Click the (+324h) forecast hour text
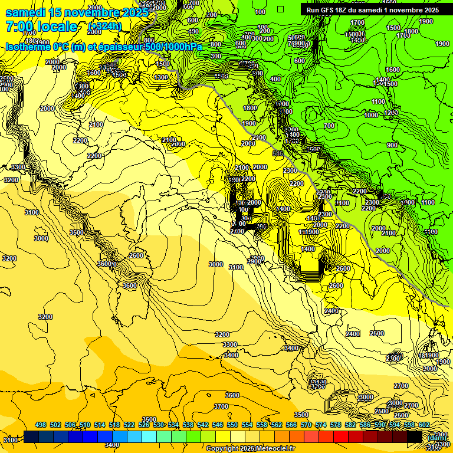[104, 26]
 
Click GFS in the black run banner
[329, 10]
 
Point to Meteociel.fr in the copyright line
[275, 449]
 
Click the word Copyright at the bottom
[222, 449]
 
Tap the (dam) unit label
[436, 437]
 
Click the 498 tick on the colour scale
[41, 425]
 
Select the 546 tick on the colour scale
[218, 425]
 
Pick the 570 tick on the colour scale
[306, 425]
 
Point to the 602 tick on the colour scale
[424, 425]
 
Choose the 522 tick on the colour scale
[129, 425]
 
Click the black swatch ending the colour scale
[414, 436]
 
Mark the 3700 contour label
[221, 406]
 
